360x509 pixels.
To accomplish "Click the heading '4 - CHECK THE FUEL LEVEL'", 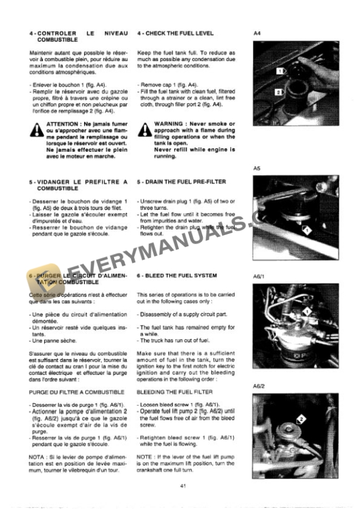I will (x=175, y=34).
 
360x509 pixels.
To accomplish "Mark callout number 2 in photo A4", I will (x=276, y=92).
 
